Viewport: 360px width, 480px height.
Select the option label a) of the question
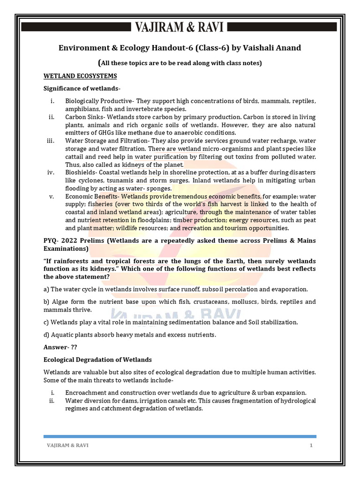point(46,290)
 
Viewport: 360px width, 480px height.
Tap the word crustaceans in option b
point(206,302)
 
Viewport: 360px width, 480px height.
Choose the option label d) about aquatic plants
point(47,334)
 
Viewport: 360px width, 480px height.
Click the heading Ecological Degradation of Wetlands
point(97,360)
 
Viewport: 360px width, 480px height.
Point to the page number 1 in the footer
point(311,445)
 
